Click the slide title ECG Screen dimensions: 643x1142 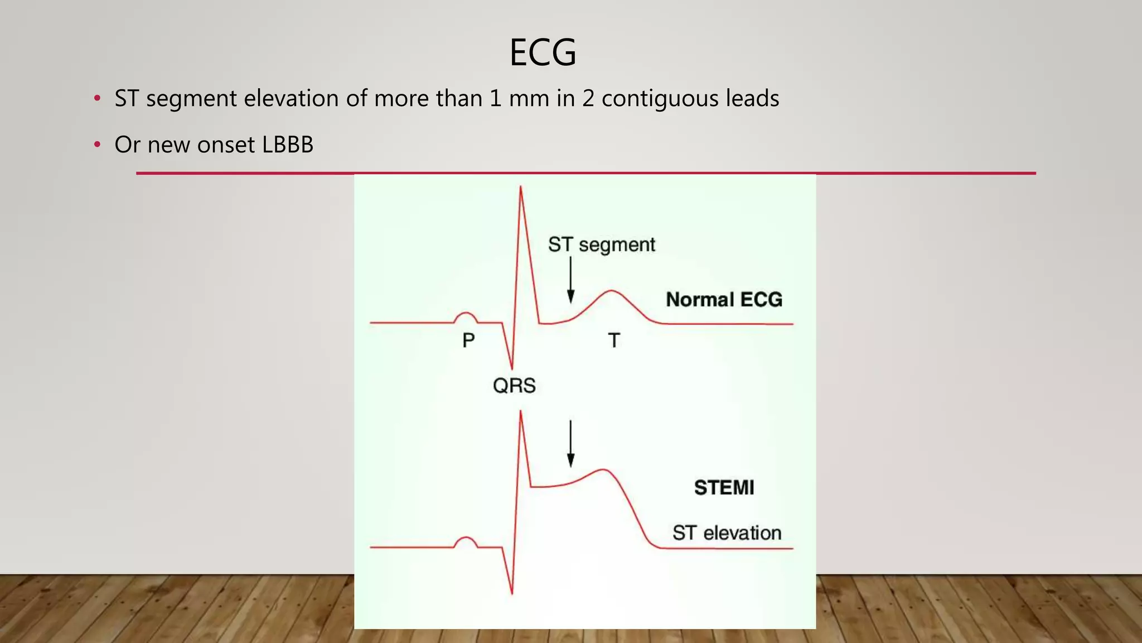click(543, 52)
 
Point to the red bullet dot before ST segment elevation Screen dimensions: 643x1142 click(98, 99)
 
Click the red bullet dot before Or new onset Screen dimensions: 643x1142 click(98, 145)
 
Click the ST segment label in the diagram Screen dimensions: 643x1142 click(601, 244)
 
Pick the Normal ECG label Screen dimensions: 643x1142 click(724, 300)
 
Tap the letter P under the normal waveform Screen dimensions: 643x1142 click(468, 340)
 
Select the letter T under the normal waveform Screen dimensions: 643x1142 click(614, 340)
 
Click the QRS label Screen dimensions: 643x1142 click(514, 386)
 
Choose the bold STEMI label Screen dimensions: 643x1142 click(724, 488)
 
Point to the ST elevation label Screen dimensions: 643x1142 click(727, 533)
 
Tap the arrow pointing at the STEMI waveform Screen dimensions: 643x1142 click(570, 444)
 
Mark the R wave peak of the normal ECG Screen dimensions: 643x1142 click(521, 188)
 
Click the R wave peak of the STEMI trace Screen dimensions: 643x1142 click(521, 413)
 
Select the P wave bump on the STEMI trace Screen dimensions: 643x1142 click(466, 540)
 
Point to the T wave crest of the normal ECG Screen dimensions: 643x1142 click(612, 291)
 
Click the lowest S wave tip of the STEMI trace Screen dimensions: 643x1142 click(512, 593)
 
